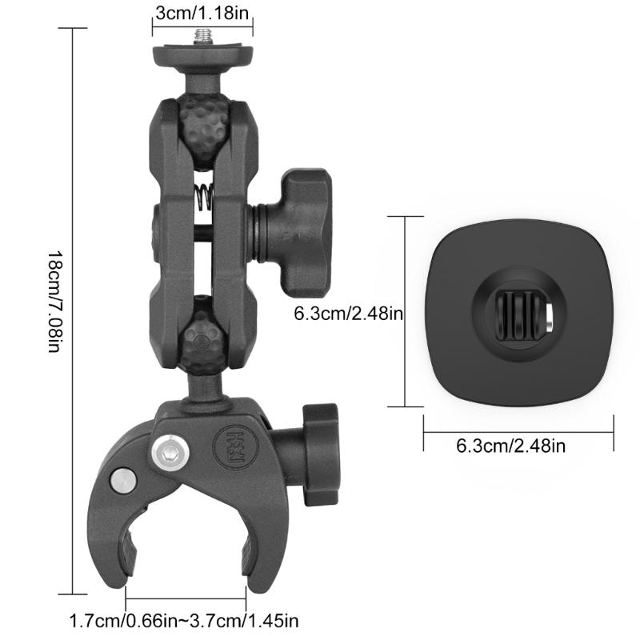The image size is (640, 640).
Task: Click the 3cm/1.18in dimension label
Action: [202, 14]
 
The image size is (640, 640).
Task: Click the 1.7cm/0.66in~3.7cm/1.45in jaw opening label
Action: [185, 619]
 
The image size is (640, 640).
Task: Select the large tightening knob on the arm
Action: [301, 232]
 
